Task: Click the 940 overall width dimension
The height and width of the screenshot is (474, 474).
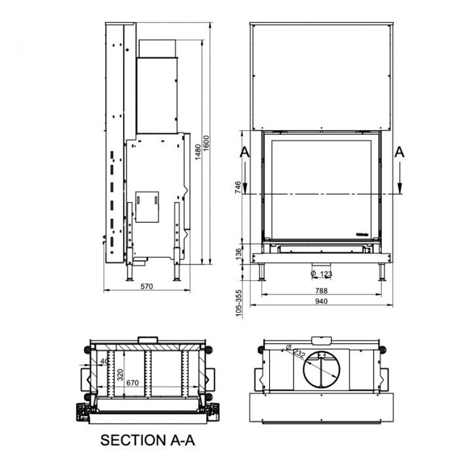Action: click(321, 301)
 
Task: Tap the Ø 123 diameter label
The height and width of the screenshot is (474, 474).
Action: click(322, 273)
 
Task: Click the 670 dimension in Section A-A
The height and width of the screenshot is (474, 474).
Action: click(134, 382)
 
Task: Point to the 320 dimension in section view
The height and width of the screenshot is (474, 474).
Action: click(120, 374)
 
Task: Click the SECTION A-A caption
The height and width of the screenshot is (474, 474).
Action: click(147, 441)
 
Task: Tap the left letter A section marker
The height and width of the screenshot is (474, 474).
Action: click(244, 152)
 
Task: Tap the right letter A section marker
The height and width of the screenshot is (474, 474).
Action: click(400, 152)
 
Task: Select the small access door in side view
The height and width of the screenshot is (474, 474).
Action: click(147, 204)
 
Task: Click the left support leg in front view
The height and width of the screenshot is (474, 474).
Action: click(263, 270)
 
